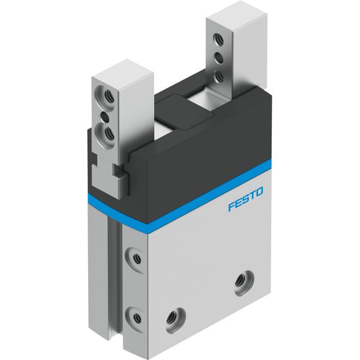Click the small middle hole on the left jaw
106,118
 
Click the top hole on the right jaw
218,39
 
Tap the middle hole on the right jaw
218,58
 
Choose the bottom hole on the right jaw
218,76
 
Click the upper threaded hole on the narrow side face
136,257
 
